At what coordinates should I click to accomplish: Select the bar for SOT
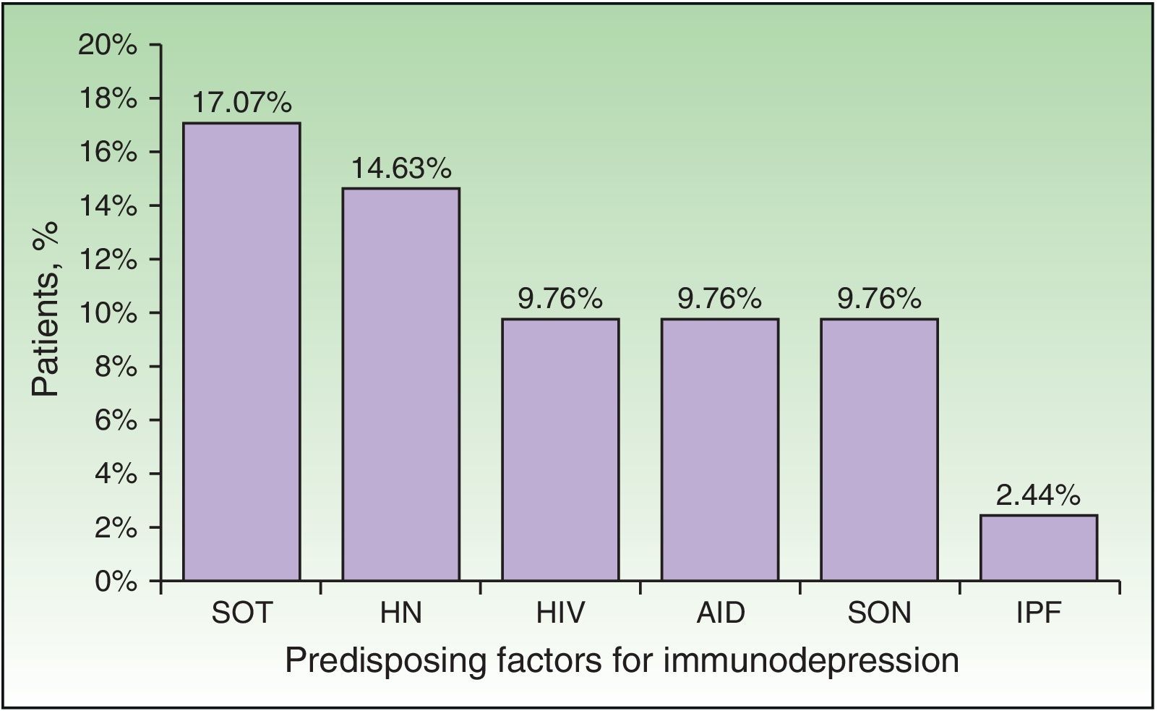pos(241,352)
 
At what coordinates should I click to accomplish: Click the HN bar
pos(400,384)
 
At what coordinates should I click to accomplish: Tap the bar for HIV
pos(560,449)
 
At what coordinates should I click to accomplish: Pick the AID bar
pos(720,449)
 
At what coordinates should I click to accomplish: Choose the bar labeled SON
pos(879,449)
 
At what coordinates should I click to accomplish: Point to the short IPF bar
pos(1039,548)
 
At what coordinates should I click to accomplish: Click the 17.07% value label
pos(241,103)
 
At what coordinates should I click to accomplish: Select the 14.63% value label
pos(401,169)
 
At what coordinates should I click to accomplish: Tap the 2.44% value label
pos(1038,495)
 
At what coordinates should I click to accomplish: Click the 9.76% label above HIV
pos(560,299)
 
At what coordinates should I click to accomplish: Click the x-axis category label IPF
pos(1038,613)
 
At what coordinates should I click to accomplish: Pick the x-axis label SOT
pos(241,613)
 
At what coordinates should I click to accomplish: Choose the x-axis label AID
pos(720,613)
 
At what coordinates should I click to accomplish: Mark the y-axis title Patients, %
pos(46,309)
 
